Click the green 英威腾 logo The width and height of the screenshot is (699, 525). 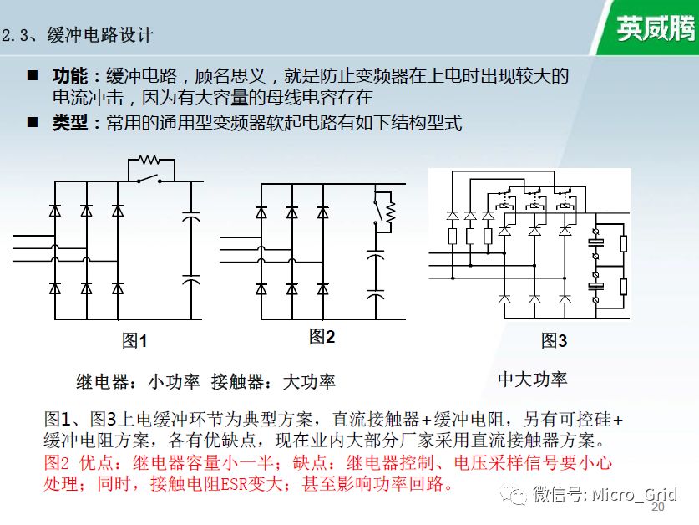click(x=656, y=28)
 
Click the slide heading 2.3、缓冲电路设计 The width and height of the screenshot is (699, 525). click(x=78, y=35)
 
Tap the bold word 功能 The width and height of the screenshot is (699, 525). click(x=70, y=76)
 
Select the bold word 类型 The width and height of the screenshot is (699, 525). click(x=70, y=122)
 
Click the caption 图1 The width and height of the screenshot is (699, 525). click(x=134, y=340)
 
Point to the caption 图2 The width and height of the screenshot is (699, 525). click(x=322, y=337)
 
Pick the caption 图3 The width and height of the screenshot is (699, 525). click(x=555, y=340)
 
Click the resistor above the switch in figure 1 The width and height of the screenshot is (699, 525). click(x=149, y=160)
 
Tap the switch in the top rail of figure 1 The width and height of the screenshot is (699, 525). click(x=149, y=179)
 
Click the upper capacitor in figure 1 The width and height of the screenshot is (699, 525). click(x=191, y=217)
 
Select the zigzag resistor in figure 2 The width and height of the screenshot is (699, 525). click(x=391, y=212)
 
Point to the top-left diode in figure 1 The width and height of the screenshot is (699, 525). click(x=55, y=211)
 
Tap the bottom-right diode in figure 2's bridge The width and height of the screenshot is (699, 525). click(x=323, y=289)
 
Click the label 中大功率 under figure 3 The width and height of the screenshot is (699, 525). click(x=532, y=379)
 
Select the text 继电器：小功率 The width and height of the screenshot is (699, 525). click(x=138, y=382)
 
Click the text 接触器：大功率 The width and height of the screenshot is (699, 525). click(x=273, y=382)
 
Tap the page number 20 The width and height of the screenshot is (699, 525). click(x=658, y=507)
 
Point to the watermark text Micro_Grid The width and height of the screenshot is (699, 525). click(x=635, y=494)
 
